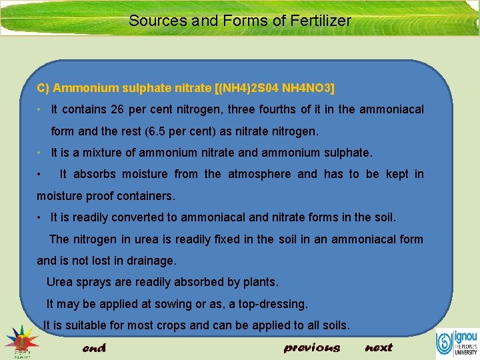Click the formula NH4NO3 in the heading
click(x=308, y=88)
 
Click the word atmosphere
click(x=259, y=174)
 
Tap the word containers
click(x=144, y=196)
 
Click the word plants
click(x=260, y=282)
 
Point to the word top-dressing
click(x=275, y=304)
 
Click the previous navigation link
click(x=311, y=347)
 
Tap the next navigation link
click(x=379, y=347)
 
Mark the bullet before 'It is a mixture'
click(x=40, y=153)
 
